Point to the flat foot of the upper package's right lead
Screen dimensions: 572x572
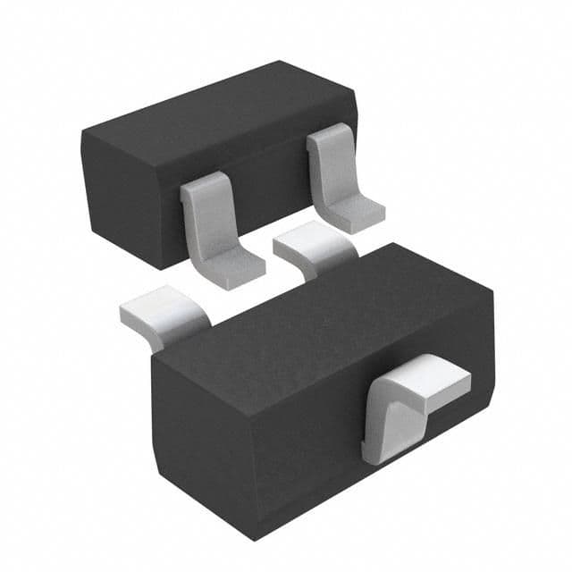(x=356, y=214)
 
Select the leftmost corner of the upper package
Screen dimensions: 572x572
(x=81, y=134)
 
